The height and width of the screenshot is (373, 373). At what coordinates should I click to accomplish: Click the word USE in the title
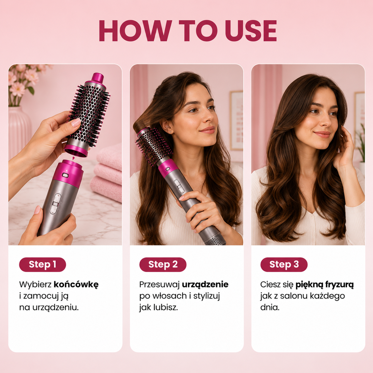tap(251, 31)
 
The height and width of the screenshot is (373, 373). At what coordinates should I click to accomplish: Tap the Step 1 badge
tap(43, 264)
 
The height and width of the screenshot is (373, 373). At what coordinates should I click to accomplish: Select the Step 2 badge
tap(163, 264)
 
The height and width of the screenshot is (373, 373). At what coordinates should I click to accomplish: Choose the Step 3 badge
tap(284, 264)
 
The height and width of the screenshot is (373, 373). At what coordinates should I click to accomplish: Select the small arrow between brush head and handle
tap(73, 158)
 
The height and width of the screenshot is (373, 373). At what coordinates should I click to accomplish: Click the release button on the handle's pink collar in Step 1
tap(65, 175)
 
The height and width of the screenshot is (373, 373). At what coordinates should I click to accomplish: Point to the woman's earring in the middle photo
tap(170, 132)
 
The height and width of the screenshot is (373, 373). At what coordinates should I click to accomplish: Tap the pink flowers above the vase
tap(23, 79)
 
